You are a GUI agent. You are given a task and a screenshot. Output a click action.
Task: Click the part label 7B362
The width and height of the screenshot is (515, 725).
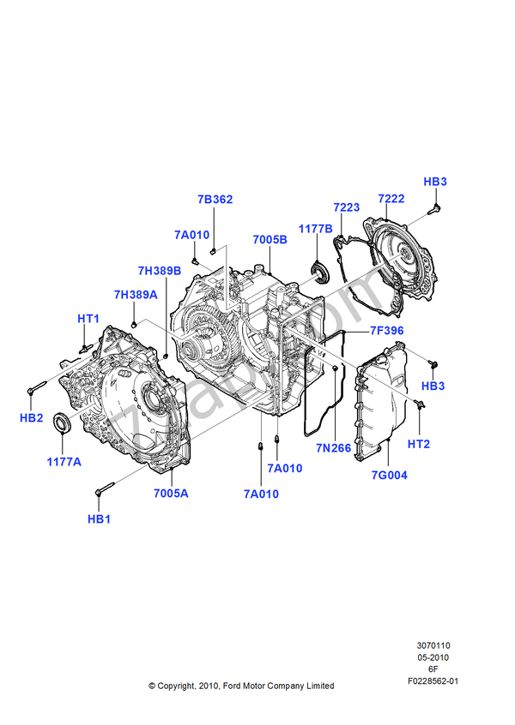(215, 200)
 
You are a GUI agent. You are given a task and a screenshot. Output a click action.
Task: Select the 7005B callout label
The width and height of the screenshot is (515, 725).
(270, 239)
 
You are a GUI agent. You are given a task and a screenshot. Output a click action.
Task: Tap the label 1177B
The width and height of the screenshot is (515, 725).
(315, 229)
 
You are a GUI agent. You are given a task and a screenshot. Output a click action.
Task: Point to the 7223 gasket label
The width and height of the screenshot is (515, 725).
(347, 207)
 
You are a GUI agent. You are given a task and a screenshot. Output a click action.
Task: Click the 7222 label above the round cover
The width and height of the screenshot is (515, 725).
(391, 198)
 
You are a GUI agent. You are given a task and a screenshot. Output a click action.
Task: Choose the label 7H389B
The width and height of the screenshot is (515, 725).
(160, 271)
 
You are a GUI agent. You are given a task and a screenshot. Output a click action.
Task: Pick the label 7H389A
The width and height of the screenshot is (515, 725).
(136, 295)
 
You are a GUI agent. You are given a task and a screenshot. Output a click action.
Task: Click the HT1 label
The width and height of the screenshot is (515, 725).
(88, 319)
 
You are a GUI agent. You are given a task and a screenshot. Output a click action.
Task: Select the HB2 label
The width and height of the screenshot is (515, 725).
(32, 417)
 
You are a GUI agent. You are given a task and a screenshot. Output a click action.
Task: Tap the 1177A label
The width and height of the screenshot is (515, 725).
(64, 461)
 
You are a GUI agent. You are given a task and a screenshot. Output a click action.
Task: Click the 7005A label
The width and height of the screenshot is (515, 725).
(171, 494)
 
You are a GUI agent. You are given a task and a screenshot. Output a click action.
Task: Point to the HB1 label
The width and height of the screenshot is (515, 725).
(99, 519)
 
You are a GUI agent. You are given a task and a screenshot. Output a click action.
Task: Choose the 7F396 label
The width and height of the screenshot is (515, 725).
(387, 331)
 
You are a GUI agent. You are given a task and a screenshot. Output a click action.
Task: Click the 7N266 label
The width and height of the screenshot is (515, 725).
(333, 447)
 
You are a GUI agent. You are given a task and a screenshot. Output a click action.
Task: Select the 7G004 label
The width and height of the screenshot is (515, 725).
(390, 475)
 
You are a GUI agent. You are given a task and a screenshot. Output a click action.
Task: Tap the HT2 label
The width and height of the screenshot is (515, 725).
(419, 444)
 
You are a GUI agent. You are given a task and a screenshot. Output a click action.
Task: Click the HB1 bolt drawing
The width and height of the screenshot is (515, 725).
(105, 488)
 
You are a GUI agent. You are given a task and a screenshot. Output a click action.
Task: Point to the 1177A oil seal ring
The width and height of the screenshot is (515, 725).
(62, 423)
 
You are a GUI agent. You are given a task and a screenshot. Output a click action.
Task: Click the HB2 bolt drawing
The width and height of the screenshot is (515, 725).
(37, 387)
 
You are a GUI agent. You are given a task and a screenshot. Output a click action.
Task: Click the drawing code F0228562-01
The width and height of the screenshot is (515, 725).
(433, 681)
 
